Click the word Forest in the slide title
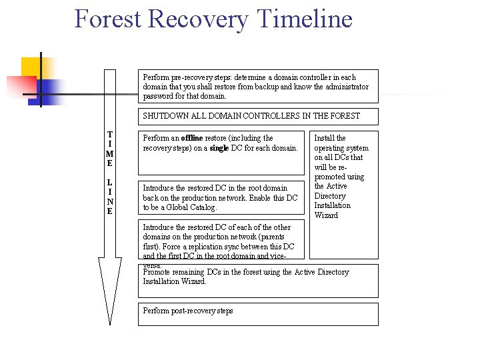(x=107, y=19)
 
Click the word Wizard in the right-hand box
(x=326, y=215)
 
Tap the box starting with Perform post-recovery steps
(x=257, y=314)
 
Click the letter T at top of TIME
(x=110, y=135)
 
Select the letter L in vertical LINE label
(x=110, y=183)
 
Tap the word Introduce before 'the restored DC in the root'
(x=160, y=188)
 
